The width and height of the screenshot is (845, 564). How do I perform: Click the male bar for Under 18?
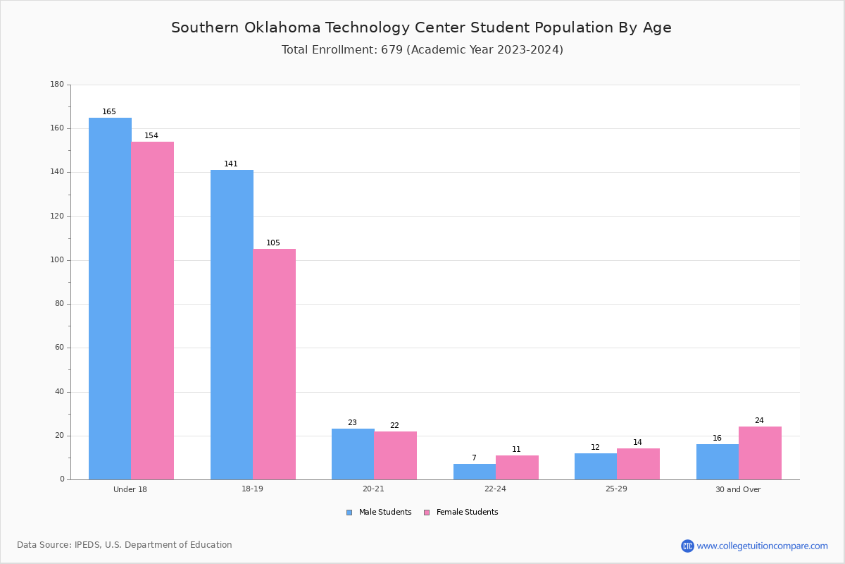[110, 298]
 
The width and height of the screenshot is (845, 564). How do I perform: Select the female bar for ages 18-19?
[274, 364]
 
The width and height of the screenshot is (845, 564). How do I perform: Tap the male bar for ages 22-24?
[475, 472]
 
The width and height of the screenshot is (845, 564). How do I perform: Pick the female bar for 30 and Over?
[760, 453]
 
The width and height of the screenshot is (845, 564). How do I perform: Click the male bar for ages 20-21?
[353, 454]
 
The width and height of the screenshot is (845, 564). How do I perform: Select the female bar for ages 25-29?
[638, 465]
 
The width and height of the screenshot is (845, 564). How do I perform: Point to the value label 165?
[109, 111]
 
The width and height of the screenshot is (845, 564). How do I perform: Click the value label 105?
[273, 243]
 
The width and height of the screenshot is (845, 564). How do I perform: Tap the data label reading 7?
[474, 458]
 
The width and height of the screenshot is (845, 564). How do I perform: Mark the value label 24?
[759, 420]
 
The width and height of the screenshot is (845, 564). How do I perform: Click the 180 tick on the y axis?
[57, 84]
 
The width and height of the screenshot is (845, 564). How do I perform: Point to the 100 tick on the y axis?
[57, 260]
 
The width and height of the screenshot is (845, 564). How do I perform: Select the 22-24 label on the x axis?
[495, 489]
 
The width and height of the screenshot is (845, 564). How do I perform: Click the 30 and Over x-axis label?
[738, 489]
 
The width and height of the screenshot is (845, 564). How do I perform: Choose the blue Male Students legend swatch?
[349, 513]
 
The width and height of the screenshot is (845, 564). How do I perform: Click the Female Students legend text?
[468, 512]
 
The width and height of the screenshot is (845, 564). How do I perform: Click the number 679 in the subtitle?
[392, 50]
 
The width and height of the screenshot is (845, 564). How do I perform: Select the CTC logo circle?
[687, 546]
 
